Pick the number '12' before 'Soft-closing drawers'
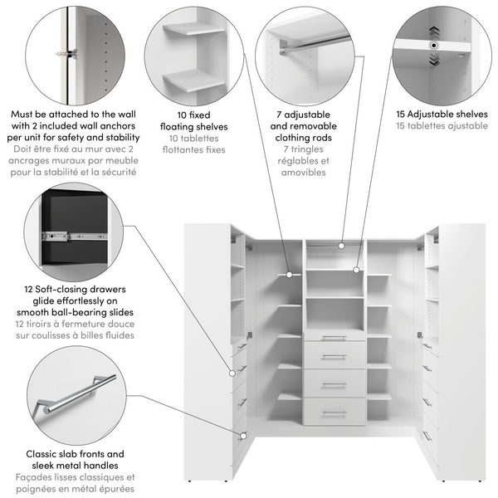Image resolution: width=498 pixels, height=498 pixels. [x=29, y=289]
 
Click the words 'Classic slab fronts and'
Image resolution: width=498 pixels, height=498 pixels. [x=76, y=455]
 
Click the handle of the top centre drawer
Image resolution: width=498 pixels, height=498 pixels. [x=334, y=337]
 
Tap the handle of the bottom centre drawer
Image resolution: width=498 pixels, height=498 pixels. [x=334, y=413]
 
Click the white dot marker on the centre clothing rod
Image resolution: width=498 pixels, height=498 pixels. [x=341, y=246]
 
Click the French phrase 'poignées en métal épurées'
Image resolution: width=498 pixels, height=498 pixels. [x=76, y=490]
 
